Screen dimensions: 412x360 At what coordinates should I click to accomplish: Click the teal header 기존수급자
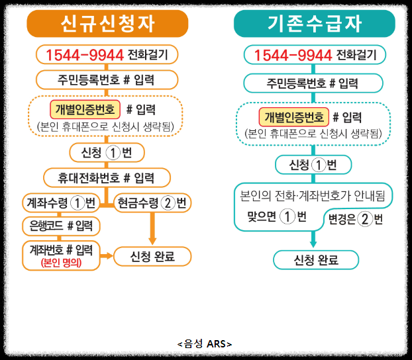(315, 24)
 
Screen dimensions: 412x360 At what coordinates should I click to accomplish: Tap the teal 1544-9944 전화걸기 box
(315, 54)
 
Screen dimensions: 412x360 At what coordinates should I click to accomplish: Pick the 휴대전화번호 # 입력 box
(107, 178)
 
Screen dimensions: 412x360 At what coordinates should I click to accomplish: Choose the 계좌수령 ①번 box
(60, 202)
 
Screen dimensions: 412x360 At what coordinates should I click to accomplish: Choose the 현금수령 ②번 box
(152, 202)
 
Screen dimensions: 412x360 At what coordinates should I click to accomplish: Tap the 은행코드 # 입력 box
(60, 226)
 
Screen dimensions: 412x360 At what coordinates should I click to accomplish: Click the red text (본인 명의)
(60, 263)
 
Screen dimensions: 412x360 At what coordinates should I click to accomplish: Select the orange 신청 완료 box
(152, 255)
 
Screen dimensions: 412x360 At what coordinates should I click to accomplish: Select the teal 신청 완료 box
(316, 259)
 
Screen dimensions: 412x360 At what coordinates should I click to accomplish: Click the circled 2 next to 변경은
(365, 219)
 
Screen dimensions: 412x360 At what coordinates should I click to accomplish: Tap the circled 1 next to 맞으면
(287, 216)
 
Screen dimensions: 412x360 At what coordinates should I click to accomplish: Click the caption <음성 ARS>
(205, 343)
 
